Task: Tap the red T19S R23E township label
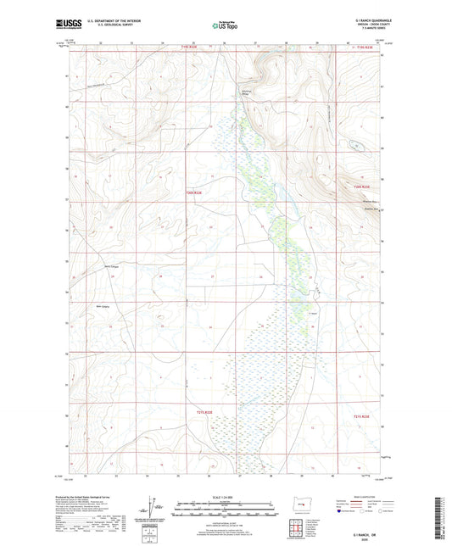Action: point(363,47)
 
